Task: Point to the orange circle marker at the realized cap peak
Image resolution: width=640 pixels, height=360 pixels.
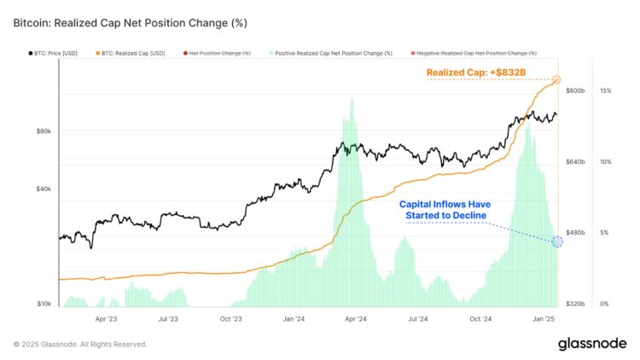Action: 557,80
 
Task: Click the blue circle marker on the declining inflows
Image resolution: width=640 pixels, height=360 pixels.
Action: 557,241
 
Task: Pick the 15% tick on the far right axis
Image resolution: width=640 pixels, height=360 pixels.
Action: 606,90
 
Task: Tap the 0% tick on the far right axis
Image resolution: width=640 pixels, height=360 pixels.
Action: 604,304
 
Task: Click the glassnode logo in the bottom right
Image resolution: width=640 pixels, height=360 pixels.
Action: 592,344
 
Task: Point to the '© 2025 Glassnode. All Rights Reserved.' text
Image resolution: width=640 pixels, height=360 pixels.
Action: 80,345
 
